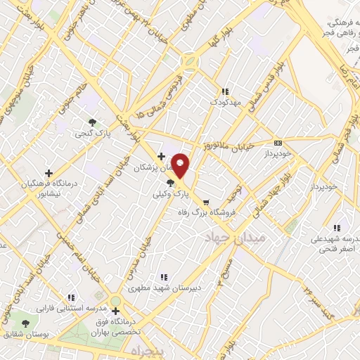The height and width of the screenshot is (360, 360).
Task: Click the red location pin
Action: pyautogui.click(x=181, y=166)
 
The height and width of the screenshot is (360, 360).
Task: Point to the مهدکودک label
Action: pyautogui.click(x=225, y=103)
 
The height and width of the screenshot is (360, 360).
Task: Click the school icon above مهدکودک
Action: pyautogui.click(x=225, y=91)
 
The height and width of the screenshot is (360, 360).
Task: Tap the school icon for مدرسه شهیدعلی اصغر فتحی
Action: pyautogui.click(x=337, y=228)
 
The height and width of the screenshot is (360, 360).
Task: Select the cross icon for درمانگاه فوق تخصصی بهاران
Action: pyautogui.click(x=115, y=311)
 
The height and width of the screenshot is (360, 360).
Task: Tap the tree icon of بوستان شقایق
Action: pyautogui.click(x=26, y=323)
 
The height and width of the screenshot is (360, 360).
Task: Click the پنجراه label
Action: pyautogui.click(x=146, y=349)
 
